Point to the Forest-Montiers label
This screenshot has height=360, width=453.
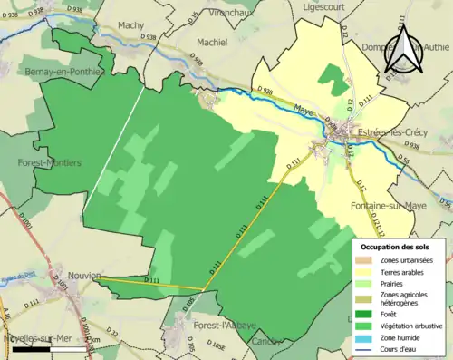click(49, 162)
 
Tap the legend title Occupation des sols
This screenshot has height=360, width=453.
click(396, 247)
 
